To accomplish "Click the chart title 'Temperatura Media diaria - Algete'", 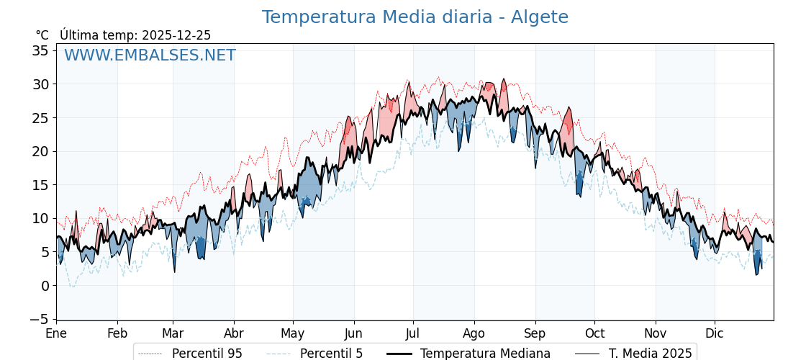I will [x=415, y=17].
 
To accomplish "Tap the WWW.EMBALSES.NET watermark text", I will [x=150, y=55].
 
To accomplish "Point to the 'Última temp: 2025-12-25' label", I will [x=135, y=35].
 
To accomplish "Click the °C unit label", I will [x=42, y=35].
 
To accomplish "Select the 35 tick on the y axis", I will [x=40, y=50].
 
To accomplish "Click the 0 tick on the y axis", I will [x=45, y=286].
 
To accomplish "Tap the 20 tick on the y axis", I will [x=40, y=151].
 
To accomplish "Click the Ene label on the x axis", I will [x=56, y=334].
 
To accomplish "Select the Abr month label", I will [x=234, y=334].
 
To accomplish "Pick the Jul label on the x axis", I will [x=413, y=334].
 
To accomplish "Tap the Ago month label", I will [x=474, y=334].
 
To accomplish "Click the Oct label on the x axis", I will [x=594, y=334].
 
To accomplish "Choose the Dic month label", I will [x=715, y=334].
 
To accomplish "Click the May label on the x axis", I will [x=293, y=334].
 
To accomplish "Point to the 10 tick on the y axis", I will [x=40, y=218].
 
